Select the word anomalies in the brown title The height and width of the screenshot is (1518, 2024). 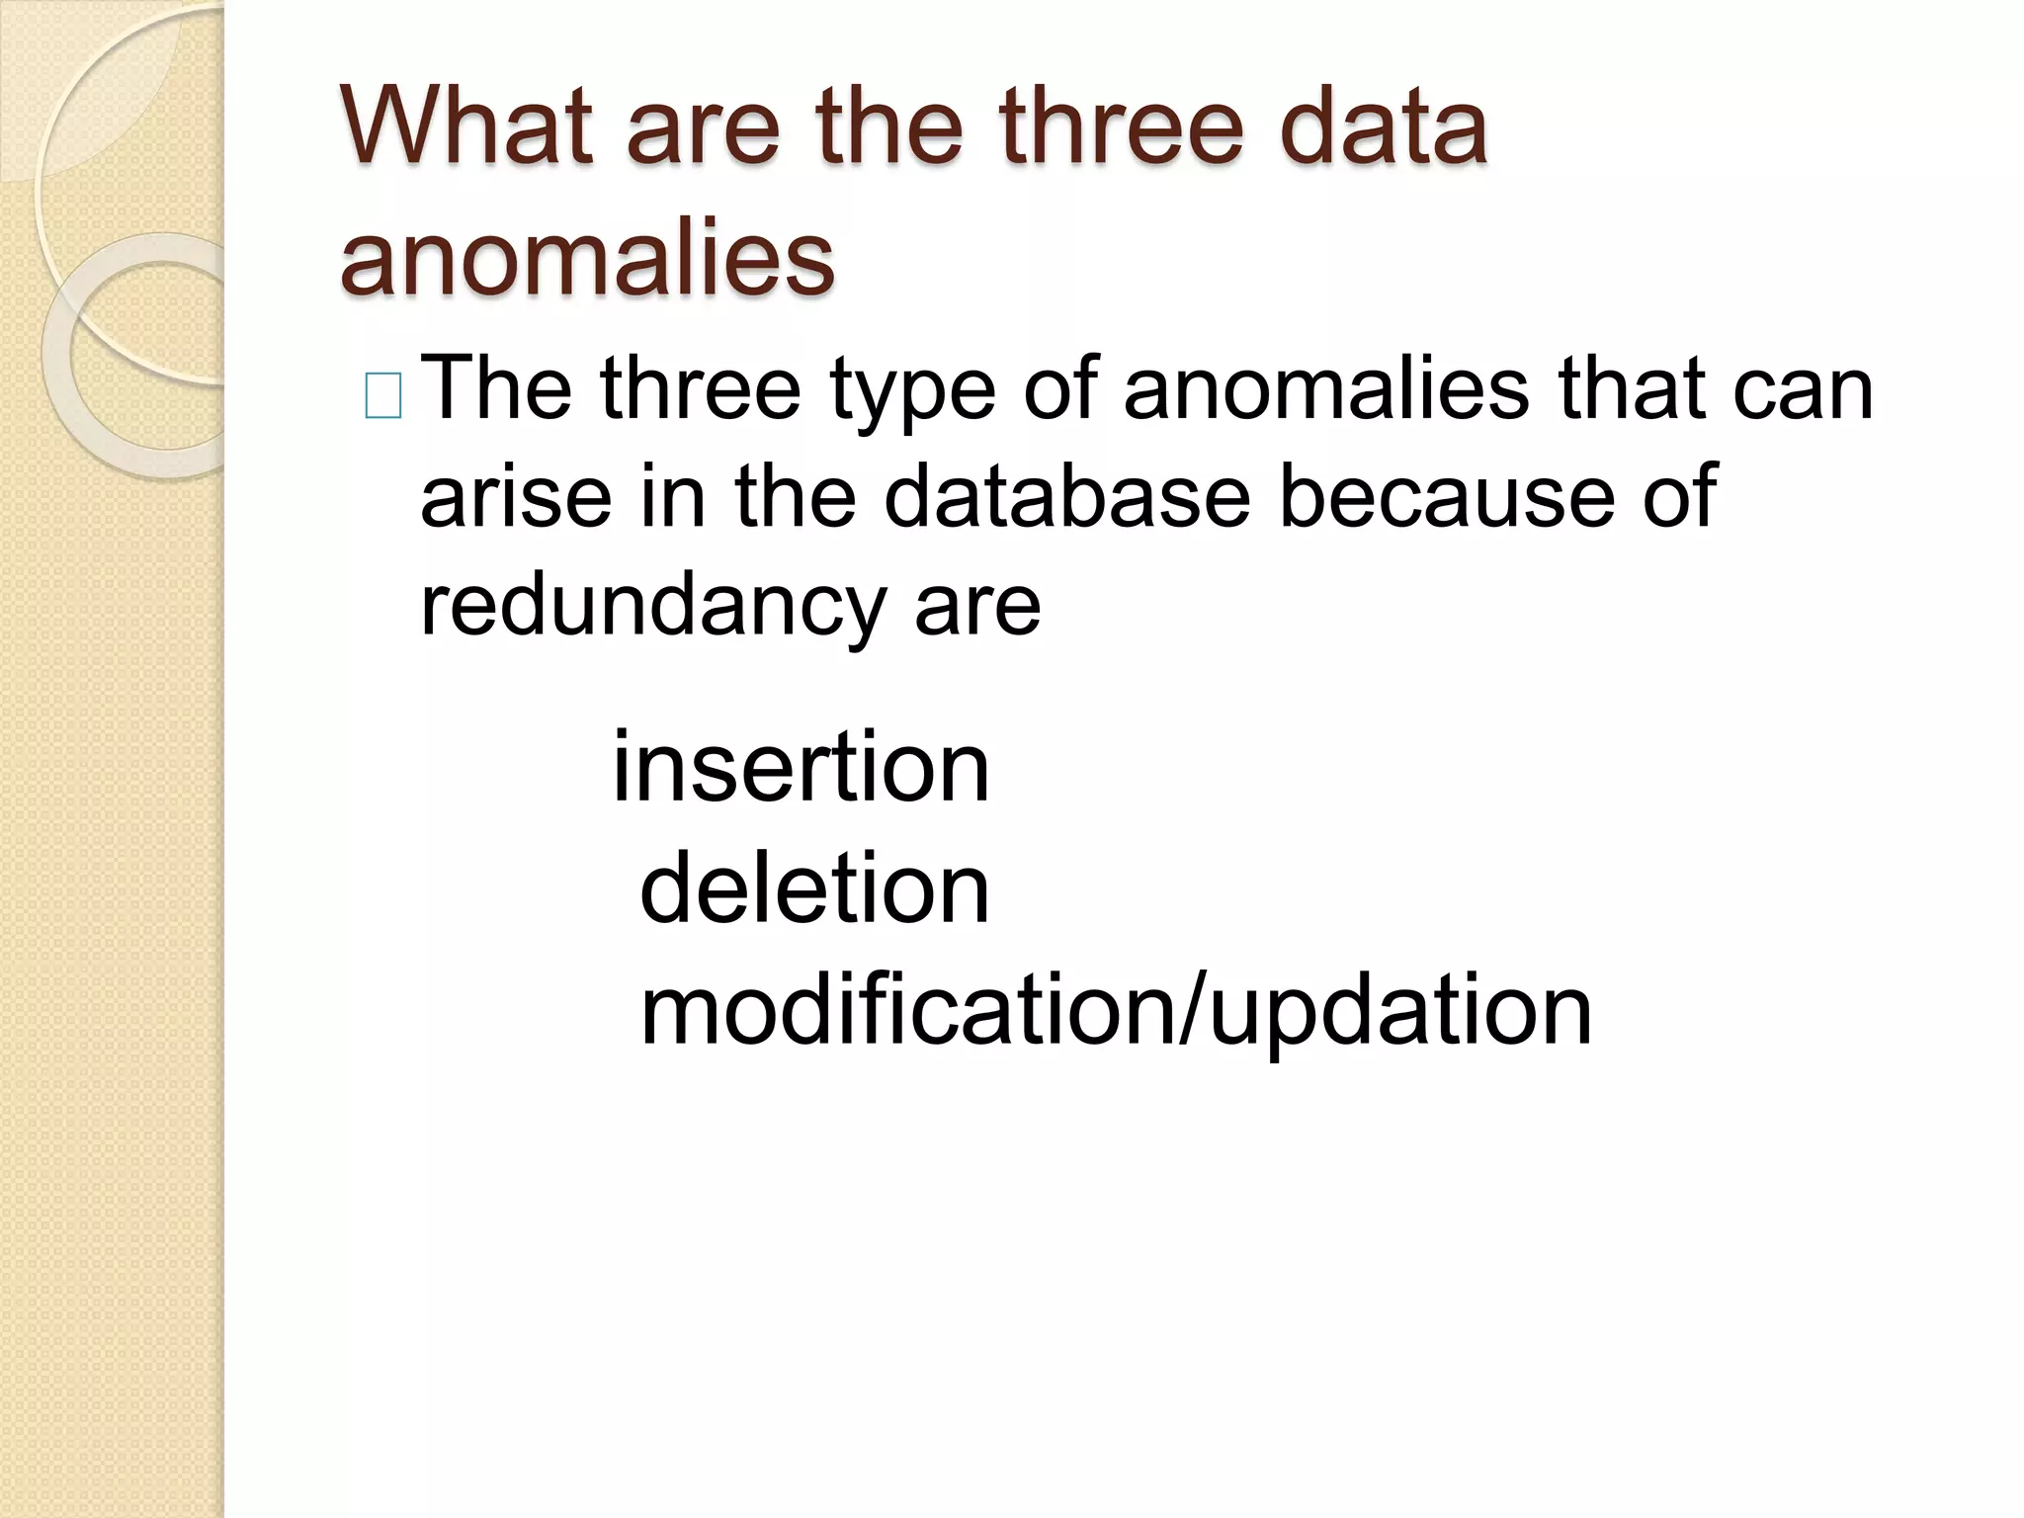(587, 258)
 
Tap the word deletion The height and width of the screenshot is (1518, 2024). (814, 888)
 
